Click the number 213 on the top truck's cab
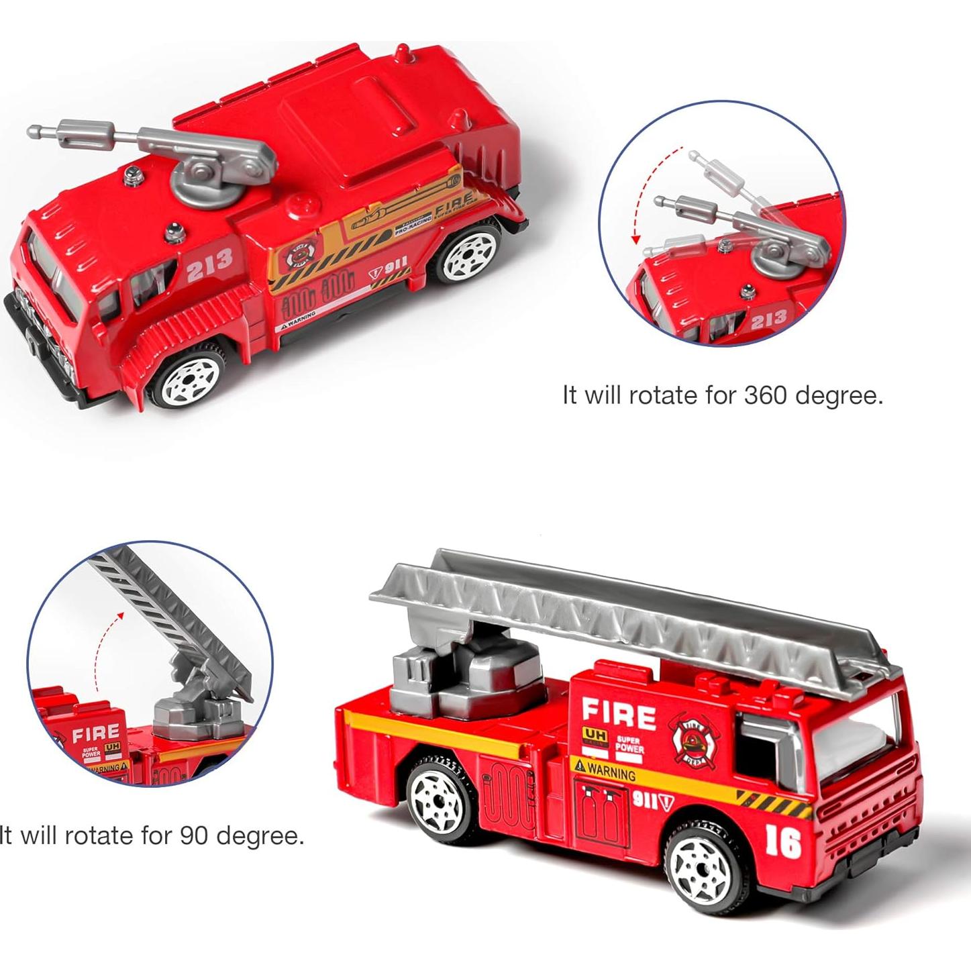[x=209, y=262]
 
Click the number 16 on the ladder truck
[x=782, y=841]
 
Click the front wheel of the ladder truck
[x=703, y=866]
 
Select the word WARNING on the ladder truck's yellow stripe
[x=605, y=772]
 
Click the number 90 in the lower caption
[x=195, y=835]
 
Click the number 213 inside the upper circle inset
[x=768, y=321]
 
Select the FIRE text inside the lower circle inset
[x=96, y=732]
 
